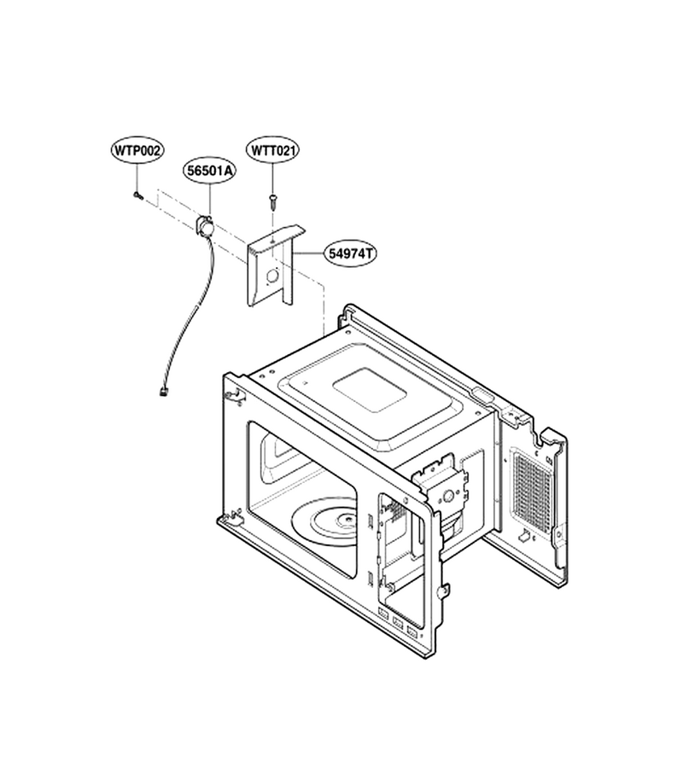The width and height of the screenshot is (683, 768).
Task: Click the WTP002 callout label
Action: point(137,151)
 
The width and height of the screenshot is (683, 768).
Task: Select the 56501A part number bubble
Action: point(209,171)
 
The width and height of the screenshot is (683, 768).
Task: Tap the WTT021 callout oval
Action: point(273,150)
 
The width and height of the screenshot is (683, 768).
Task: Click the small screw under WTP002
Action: point(138,196)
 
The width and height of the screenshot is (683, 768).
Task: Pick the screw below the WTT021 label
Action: point(273,200)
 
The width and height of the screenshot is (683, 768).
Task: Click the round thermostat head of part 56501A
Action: point(206,226)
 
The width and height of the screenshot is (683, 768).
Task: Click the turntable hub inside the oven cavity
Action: point(347,521)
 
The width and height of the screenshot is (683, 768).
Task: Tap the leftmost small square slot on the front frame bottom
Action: point(383,613)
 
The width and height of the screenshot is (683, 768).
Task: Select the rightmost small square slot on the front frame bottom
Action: point(412,634)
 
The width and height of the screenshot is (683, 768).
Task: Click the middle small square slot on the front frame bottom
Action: point(398,624)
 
